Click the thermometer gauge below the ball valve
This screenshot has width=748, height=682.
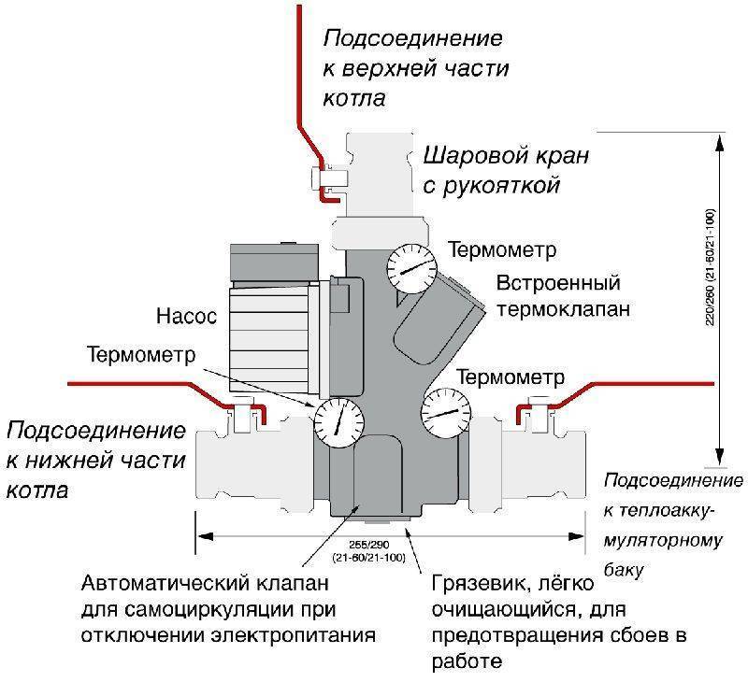411,269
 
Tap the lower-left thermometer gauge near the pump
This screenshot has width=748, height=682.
338,422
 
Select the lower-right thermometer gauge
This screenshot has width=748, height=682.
446,413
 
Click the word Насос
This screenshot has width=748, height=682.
186,317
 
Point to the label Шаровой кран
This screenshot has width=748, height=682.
506,156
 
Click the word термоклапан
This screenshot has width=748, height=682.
564,309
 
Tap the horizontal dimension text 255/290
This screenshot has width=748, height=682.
368,545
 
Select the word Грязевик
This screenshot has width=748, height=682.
477,584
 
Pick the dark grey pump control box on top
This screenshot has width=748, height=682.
274,263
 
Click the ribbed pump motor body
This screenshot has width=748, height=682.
268,339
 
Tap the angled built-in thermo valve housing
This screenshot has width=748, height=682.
437,320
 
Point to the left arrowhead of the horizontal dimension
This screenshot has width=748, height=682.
205,536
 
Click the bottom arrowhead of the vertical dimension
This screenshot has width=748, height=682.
720,455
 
